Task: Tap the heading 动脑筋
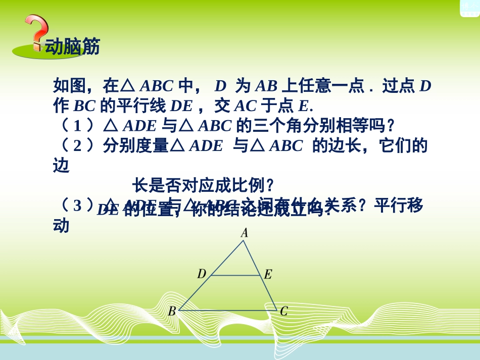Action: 73,46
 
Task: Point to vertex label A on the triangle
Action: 244,233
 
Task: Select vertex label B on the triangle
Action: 172,312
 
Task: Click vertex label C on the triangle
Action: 283,312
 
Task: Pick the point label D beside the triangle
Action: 202,274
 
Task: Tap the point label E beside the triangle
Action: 268,275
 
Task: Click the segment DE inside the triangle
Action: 235,276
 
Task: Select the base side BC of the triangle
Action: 227,311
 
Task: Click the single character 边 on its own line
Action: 61,166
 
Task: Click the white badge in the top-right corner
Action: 470,7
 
